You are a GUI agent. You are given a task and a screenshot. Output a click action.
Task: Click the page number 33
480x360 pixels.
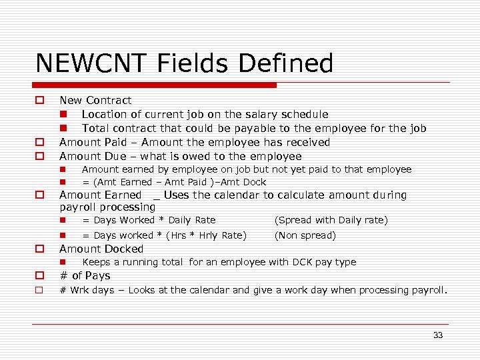pos(438,335)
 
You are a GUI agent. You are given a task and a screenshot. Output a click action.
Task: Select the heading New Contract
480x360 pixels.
pos(95,100)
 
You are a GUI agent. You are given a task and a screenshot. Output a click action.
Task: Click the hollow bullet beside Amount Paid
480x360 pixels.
pos(40,142)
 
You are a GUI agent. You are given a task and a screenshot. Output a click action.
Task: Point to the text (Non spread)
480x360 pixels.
pos(305,235)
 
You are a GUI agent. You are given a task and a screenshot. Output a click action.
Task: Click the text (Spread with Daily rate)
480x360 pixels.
pos(331,220)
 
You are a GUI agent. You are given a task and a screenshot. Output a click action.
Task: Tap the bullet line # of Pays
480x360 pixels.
pos(85,275)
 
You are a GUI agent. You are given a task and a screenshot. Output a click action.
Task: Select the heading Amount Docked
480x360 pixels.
pos(101,249)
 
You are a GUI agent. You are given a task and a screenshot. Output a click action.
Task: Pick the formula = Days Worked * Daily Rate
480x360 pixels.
pos(149,220)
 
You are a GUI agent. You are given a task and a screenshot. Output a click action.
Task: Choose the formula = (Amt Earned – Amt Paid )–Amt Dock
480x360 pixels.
pos(174,182)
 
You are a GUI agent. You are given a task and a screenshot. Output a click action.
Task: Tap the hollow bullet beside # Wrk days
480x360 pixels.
pos(40,290)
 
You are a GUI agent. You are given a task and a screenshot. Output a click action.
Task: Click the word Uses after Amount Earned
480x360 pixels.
pos(176,195)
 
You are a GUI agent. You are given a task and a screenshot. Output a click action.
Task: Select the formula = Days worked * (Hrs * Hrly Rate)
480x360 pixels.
pos(164,235)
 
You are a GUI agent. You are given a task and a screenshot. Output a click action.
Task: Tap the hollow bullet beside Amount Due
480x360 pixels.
pos(40,156)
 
